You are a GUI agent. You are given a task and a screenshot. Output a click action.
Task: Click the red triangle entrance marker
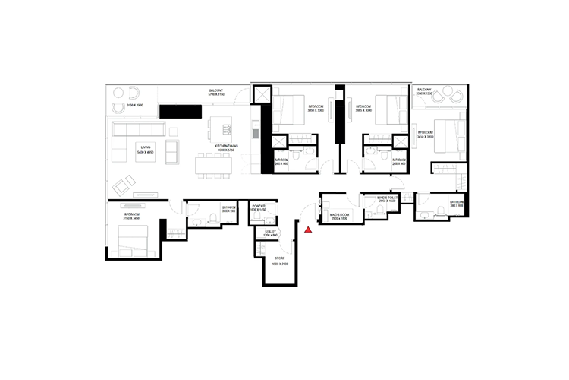pyautogui.click(x=308, y=227)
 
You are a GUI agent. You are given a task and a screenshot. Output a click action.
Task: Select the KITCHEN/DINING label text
pyautogui.click(x=225, y=148)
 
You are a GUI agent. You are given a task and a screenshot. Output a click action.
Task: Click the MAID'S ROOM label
pyautogui.click(x=338, y=217)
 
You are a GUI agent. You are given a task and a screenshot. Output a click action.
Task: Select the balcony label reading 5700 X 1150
pyautogui.click(x=216, y=93)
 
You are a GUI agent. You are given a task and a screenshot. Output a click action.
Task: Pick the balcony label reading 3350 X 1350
pyautogui.click(x=423, y=93)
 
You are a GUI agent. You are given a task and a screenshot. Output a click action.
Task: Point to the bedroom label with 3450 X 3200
pyautogui.click(x=426, y=134)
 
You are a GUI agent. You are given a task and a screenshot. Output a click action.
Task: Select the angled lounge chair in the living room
pyautogui.click(x=123, y=182)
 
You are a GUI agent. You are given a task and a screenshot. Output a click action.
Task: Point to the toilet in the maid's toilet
pyautogui.click(x=374, y=211)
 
